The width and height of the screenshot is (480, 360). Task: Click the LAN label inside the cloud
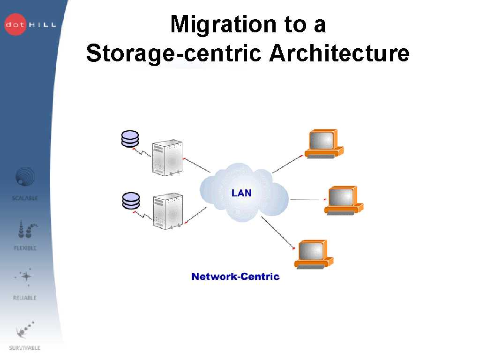(x=241, y=193)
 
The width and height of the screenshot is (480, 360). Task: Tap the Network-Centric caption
(x=235, y=277)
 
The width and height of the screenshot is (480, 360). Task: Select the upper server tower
(x=167, y=157)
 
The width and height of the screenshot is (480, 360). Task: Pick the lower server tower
(x=167, y=210)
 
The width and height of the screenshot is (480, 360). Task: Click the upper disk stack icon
(x=130, y=139)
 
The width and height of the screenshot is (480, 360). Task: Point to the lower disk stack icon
(x=130, y=201)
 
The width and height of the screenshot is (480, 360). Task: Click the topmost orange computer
(x=323, y=144)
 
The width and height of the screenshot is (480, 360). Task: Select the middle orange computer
(x=344, y=200)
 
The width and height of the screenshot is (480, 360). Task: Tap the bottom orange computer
(x=313, y=254)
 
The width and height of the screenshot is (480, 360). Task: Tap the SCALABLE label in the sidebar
(x=25, y=198)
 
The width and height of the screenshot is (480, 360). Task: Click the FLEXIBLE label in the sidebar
(x=25, y=248)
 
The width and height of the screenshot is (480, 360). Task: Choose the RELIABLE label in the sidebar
(x=25, y=298)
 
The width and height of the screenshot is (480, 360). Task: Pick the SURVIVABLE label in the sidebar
(x=25, y=348)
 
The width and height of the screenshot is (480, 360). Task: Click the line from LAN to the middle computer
(x=307, y=199)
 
